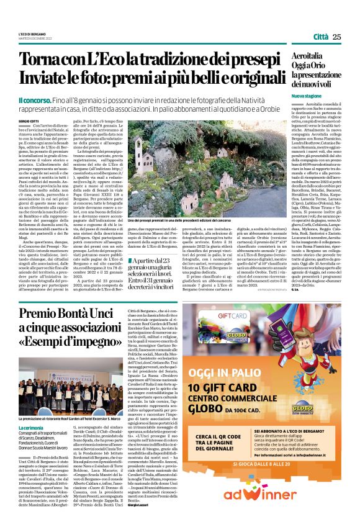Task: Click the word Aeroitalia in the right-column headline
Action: click(309, 56)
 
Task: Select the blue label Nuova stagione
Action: click(307, 97)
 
